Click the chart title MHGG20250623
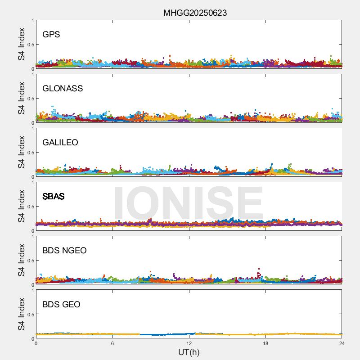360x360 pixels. click(x=195, y=13)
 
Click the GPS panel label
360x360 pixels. click(x=51, y=35)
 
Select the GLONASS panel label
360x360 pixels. click(x=63, y=89)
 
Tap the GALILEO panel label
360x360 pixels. click(x=60, y=143)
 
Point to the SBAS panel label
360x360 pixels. click(x=54, y=197)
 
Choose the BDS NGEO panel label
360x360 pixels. click(x=64, y=251)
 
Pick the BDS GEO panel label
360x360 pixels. click(x=61, y=305)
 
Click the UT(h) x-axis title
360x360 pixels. click(x=189, y=351)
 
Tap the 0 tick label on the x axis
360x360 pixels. click(x=36, y=343)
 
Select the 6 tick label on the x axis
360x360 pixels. click(x=112, y=343)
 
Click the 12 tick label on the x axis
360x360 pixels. click(x=189, y=343)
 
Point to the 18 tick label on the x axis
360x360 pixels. click(x=265, y=343)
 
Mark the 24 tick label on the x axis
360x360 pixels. click(x=342, y=343)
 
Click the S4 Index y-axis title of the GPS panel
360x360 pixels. click(x=21, y=44)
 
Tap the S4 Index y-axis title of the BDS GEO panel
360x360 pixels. click(x=21, y=314)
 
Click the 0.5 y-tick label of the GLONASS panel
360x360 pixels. click(x=30, y=99)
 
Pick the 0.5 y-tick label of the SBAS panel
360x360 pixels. click(x=30, y=207)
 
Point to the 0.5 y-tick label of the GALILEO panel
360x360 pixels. click(x=30, y=153)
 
